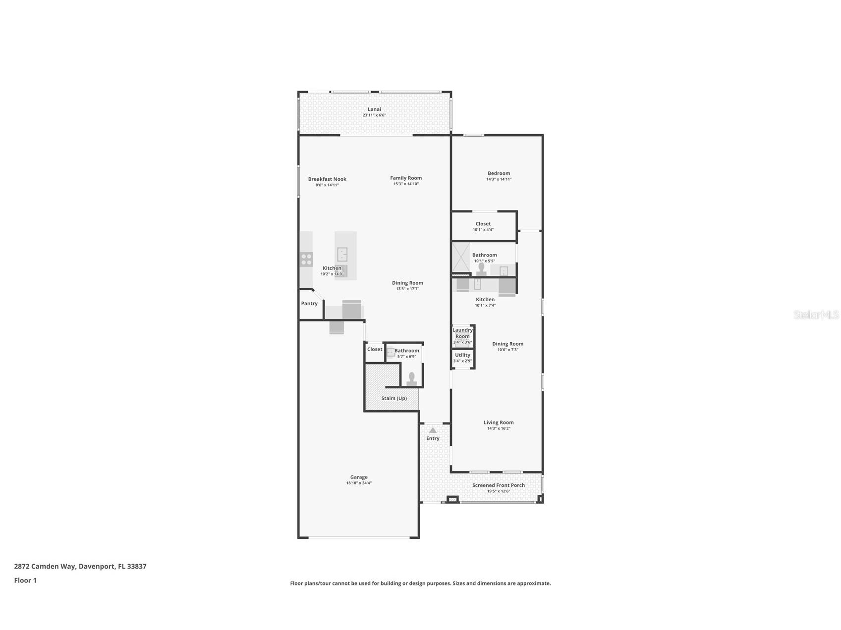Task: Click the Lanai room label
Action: click(x=374, y=109)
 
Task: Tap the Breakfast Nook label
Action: click(x=327, y=179)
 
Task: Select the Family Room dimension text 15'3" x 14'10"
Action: click(x=406, y=184)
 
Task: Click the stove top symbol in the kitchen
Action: click(x=306, y=259)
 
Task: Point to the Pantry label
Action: click(x=309, y=304)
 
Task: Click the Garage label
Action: click(x=359, y=477)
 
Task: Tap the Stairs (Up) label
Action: click(x=394, y=398)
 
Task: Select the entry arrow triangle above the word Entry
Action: click(x=433, y=430)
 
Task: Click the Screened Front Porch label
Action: click(x=498, y=485)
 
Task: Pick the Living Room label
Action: click(x=499, y=422)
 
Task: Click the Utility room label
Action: click(x=462, y=355)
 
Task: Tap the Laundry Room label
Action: click(x=462, y=333)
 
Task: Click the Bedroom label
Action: click(x=499, y=173)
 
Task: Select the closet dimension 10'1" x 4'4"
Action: click(x=483, y=230)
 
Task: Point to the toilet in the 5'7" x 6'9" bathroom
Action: click(x=411, y=379)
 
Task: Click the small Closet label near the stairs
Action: click(x=375, y=349)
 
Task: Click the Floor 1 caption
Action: click(x=25, y=580)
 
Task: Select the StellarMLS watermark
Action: click(x=816, y=315)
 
